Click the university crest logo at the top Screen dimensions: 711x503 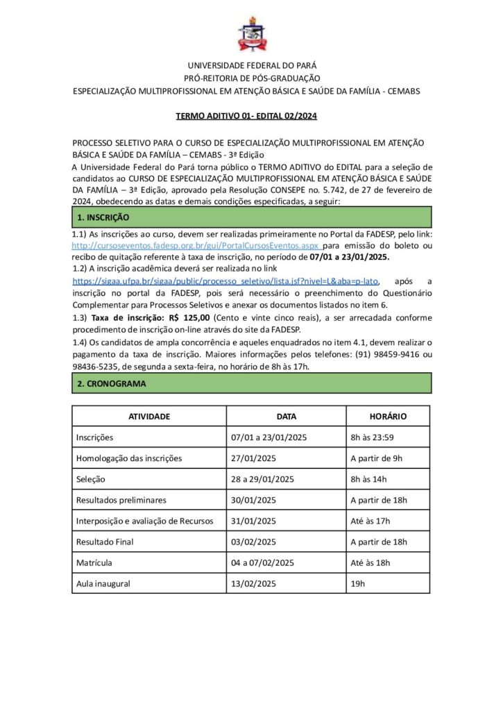click(251, 35)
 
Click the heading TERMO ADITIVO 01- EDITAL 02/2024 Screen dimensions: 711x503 click(251, 116)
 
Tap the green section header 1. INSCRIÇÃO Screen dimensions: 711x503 click(251, 217)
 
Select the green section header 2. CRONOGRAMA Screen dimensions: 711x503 click(251, 383)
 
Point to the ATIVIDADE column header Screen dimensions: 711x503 click(149, 417)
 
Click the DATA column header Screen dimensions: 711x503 click(286, 417)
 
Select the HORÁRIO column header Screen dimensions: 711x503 click(388, 417)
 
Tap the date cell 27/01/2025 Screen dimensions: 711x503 click(254, 458)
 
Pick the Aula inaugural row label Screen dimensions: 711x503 click(103, 583)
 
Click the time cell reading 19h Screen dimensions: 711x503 click(358, 583)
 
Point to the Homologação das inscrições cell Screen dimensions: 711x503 click(129, 458)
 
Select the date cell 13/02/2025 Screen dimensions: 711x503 click(254, 583)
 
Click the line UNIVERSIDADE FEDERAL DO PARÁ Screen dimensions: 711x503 click(251, 65)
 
